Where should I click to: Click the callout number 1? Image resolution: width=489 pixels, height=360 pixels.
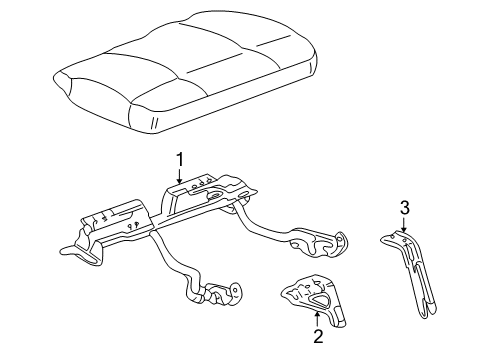click(x=180, y=159)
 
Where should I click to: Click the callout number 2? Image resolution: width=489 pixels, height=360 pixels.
click(x=318, y=338)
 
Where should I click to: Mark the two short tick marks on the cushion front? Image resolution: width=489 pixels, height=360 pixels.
click(x=156, y=122)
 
